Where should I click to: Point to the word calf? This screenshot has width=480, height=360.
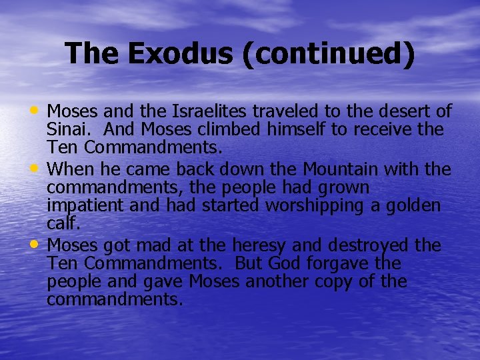pyautogui.click(x=62, y=223)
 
